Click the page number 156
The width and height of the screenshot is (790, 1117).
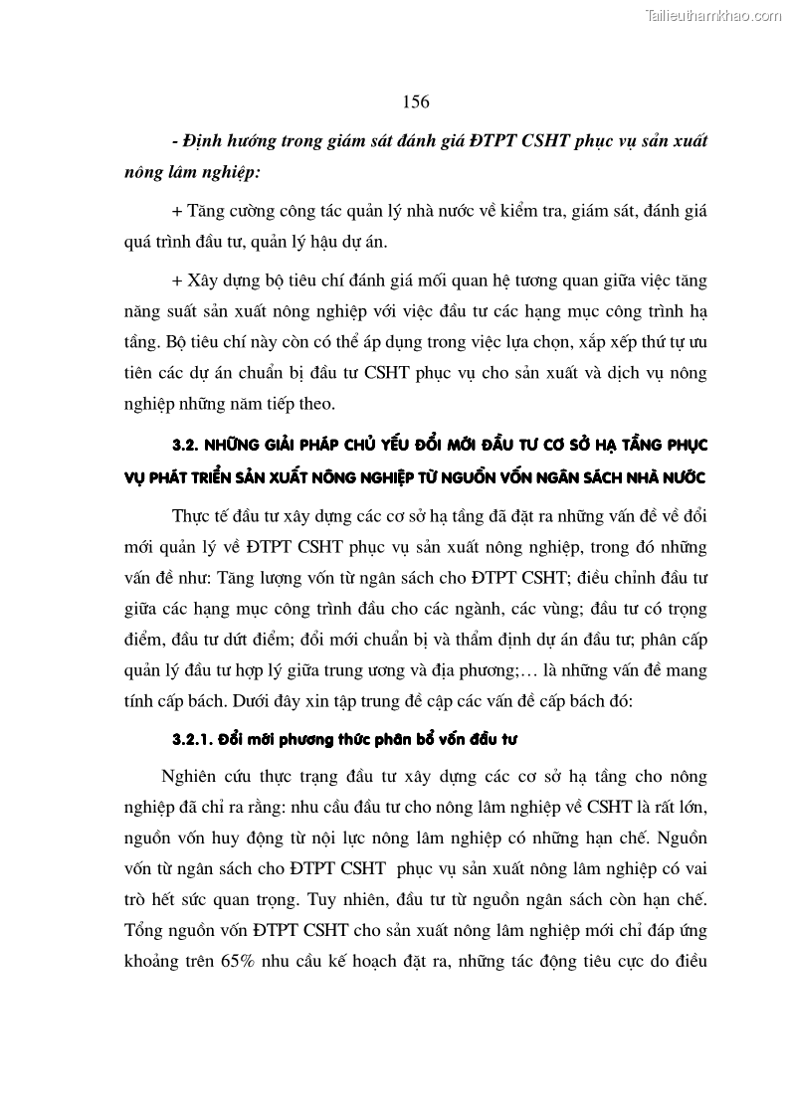pyautogui.click(x=415, y=101)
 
